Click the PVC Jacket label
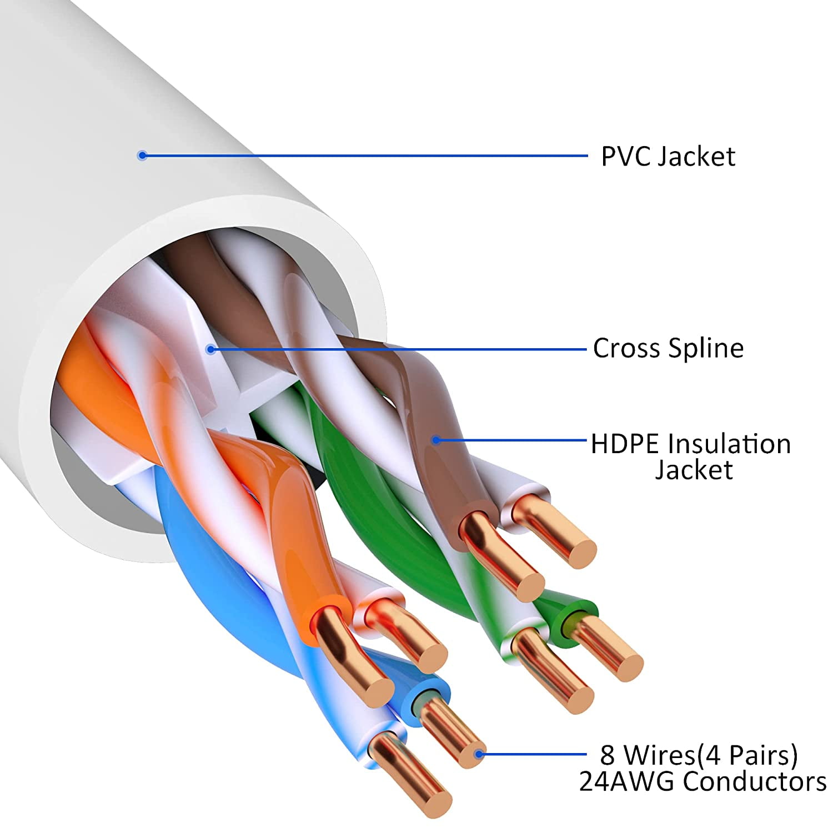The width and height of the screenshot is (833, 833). pyautogui.click(x=668, y=157)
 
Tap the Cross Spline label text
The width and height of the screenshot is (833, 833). pyautogui.click(x=668, y=349)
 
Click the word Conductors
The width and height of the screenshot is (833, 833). pyautogui.click(x=755, y=782)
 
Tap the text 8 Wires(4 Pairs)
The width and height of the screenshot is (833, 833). pyautogui.click(x=699, y=755)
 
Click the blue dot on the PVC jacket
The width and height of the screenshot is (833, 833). pyautogui.click(x=142, y=155)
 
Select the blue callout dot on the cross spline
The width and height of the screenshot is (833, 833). pyautogui.click(x=210, y=349)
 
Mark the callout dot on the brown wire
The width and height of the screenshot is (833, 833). pyautogui.click(x=436, y=440)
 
